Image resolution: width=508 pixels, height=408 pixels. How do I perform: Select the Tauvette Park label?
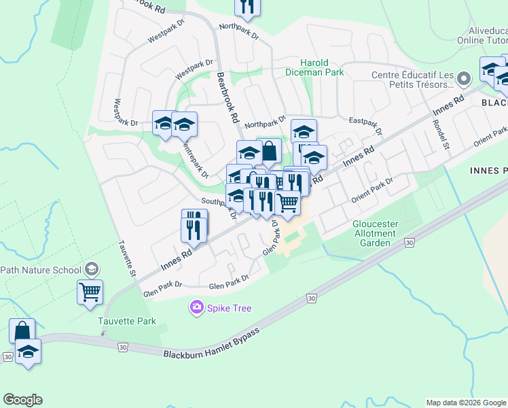[126, 322]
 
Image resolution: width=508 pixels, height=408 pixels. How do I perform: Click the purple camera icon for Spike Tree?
[197, 308]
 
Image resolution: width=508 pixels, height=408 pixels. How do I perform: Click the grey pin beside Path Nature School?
[91, 270]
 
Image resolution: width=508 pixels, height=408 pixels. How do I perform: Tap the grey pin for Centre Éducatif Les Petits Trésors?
[464, 78]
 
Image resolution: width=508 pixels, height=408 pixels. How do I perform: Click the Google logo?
[22, 400]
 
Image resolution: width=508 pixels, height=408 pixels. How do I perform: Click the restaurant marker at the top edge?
[247, 6]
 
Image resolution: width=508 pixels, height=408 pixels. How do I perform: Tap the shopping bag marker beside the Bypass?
[22, 331]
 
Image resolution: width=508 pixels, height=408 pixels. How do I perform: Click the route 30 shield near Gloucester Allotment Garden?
[409, 242]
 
